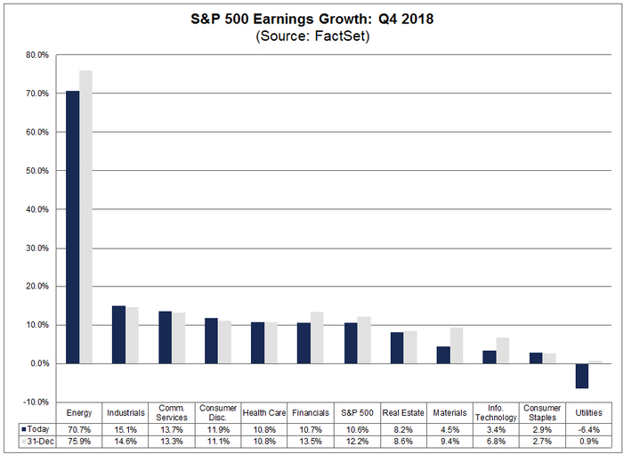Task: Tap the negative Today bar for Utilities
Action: click(581, 376)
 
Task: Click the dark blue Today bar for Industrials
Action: click(118, 335)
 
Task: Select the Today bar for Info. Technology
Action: click(489, 357)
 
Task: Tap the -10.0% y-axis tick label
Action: click(35, 402)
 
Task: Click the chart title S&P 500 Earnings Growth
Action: click(311, 17)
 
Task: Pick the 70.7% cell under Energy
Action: click(80, 427)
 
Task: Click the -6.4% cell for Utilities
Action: click(588, 427)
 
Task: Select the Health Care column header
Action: click(264, 412)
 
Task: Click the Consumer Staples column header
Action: click(542, 412)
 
